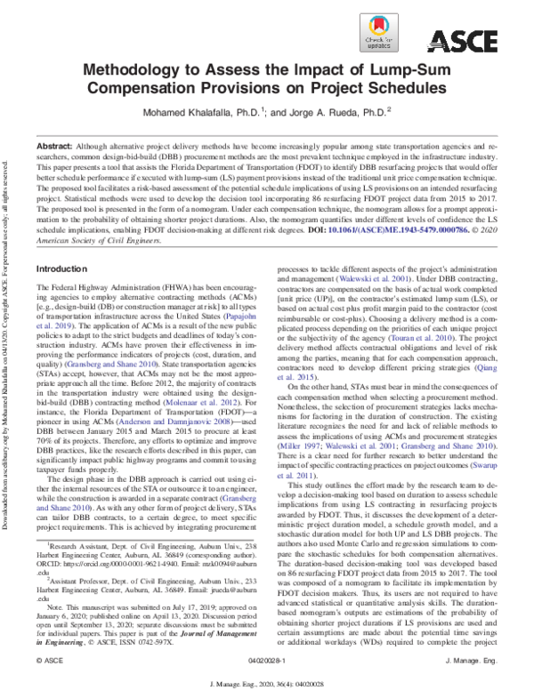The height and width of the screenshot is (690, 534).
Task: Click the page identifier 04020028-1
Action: point(266,663)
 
